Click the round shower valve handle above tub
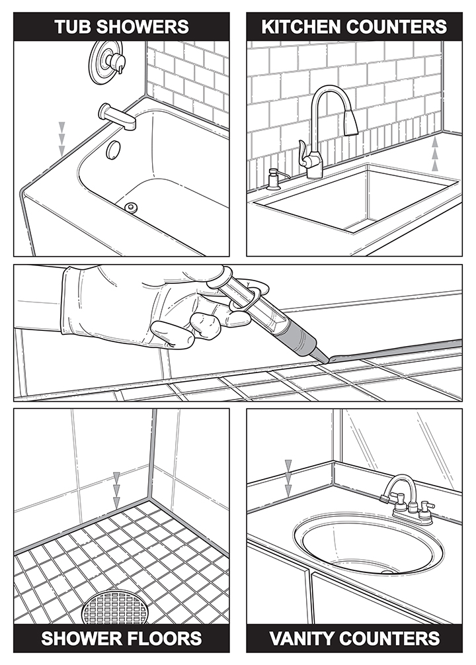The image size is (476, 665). (x=107, y=62)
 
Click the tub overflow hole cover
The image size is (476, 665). (x=114, y=149)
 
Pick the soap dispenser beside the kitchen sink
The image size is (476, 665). (x=272, y=179)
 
